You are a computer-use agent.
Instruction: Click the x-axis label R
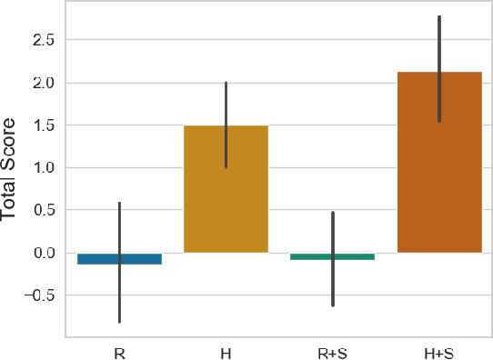pyautogui.click(x=119, y=350)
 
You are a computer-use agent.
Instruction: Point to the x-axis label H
pyautogui.click(x=226, y=350)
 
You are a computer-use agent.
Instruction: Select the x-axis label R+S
pyautogui.click(x=332, y=350)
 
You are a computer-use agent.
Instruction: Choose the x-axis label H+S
pyautogui.click(x=439, y=350)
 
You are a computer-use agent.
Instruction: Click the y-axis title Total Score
pyautogui.click(x=10, y=168)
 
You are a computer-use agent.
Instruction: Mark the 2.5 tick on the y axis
pyautogui.click(x=42, y=40)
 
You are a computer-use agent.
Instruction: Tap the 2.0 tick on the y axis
pyautogui.click(x=42, y=83)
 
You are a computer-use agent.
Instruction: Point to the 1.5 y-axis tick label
pyautogui.click(x=42, y=125)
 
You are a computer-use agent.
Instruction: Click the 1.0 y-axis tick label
pyautogui.click(x=42, y=168)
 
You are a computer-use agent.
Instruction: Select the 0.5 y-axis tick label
pyautogui.click(x=42, y=210)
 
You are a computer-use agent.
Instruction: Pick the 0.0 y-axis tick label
pyautogui.click(x=42, y=253)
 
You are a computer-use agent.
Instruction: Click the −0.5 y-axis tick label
pyautogui.click(x=38, y=295)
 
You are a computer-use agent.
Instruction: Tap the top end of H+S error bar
pyautogui.click(x=439, y=16)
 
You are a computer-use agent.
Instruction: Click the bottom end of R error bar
pyautogui.click(x=119, y=322)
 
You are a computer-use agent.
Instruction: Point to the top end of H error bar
pyautogui.click(x=226, y=83)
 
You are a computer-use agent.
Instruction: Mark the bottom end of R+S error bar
pyautogui.click(x=332, y=305)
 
